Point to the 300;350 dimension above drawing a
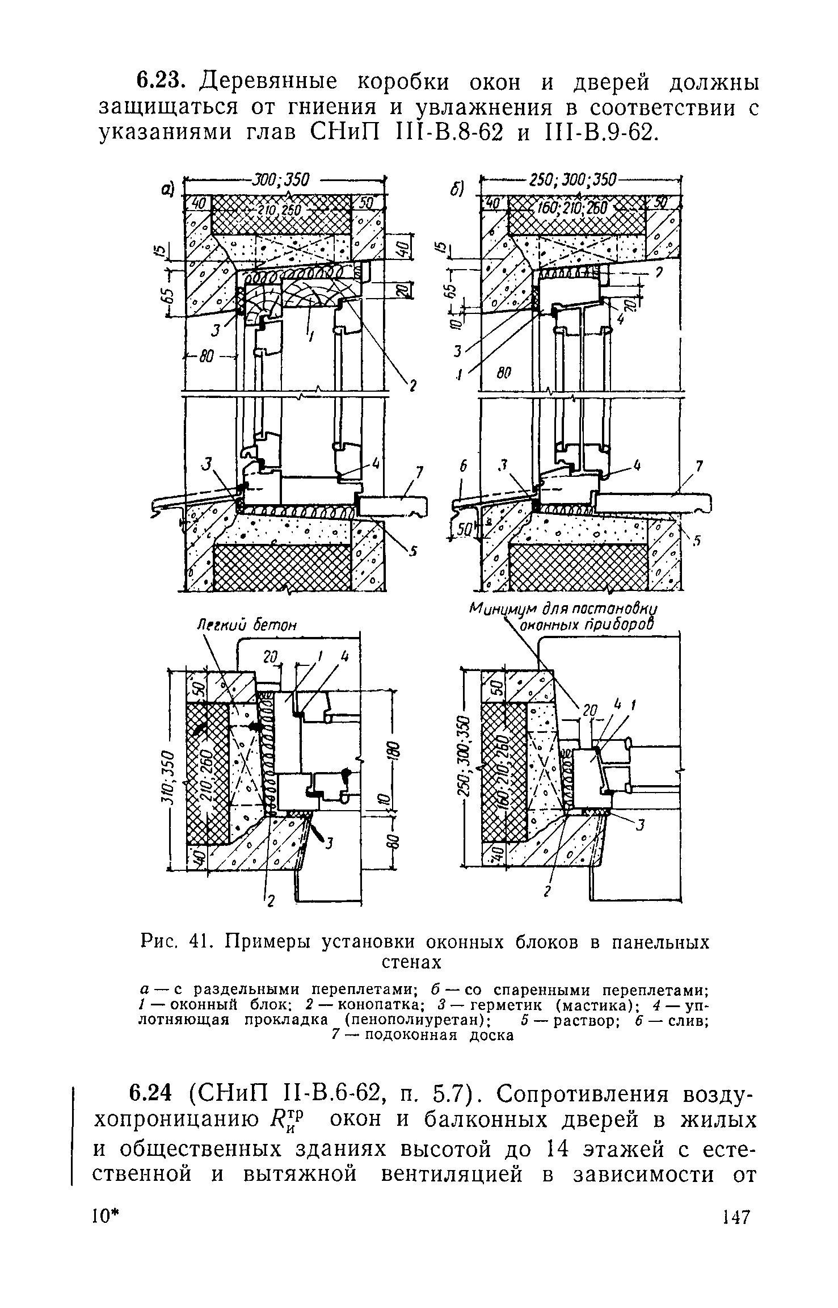[x=281, y=180]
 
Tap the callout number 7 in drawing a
[x=419, y=472]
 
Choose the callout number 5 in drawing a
[x=414, y=550]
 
